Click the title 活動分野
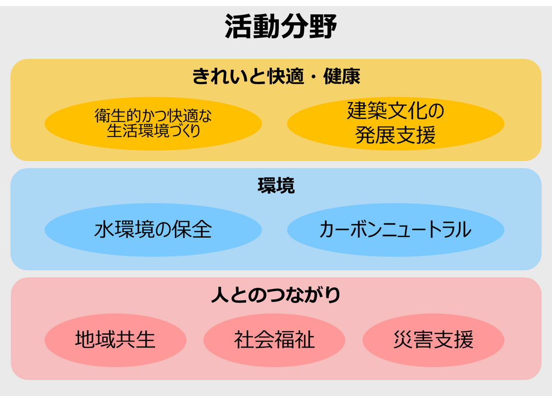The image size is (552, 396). pyautogui.click(x=281, y=27)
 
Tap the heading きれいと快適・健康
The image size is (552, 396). pyautogui.click(x=276, y=76)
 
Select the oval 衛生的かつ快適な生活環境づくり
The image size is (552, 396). pyautogui.click(x=153, y=124)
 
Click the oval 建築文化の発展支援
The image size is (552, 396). pyautogui.click(x=396, y=124)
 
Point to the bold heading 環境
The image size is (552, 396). pyautogui.click(x=276, y=185)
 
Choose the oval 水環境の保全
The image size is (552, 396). pyautogui.click(x=153, y=230)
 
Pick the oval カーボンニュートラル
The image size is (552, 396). pyautogui.click(x=396, y=230)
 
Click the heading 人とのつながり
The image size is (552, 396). pyautogui.click(x=276, y=295)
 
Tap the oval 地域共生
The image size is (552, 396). pyautogui.click(x=115, y=340)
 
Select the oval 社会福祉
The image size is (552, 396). pyautogui.click(x=274, y=340)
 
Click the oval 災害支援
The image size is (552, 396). pyautogui.click(x=433, y=340)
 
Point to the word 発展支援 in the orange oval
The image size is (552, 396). pyautogui.click(x=396, y=135)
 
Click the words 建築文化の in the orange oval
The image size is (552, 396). pyautogui.click(x=396, y=111)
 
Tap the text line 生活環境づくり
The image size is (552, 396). pyautogui.click(x=154, y=131)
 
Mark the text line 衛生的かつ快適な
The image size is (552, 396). pyautogui.click(x=153, y=116)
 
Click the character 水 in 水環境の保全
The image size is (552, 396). pyautogui.click(x=104, y=230)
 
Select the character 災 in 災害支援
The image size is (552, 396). pyautogui.click(x=403, y=340)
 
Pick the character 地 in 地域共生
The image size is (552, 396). pyautogui.click(x=85, y=340)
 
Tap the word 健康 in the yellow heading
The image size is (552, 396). pyautogui.click(x=342, y=76)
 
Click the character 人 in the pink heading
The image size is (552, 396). pyautogui.click(x=220, y=295)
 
